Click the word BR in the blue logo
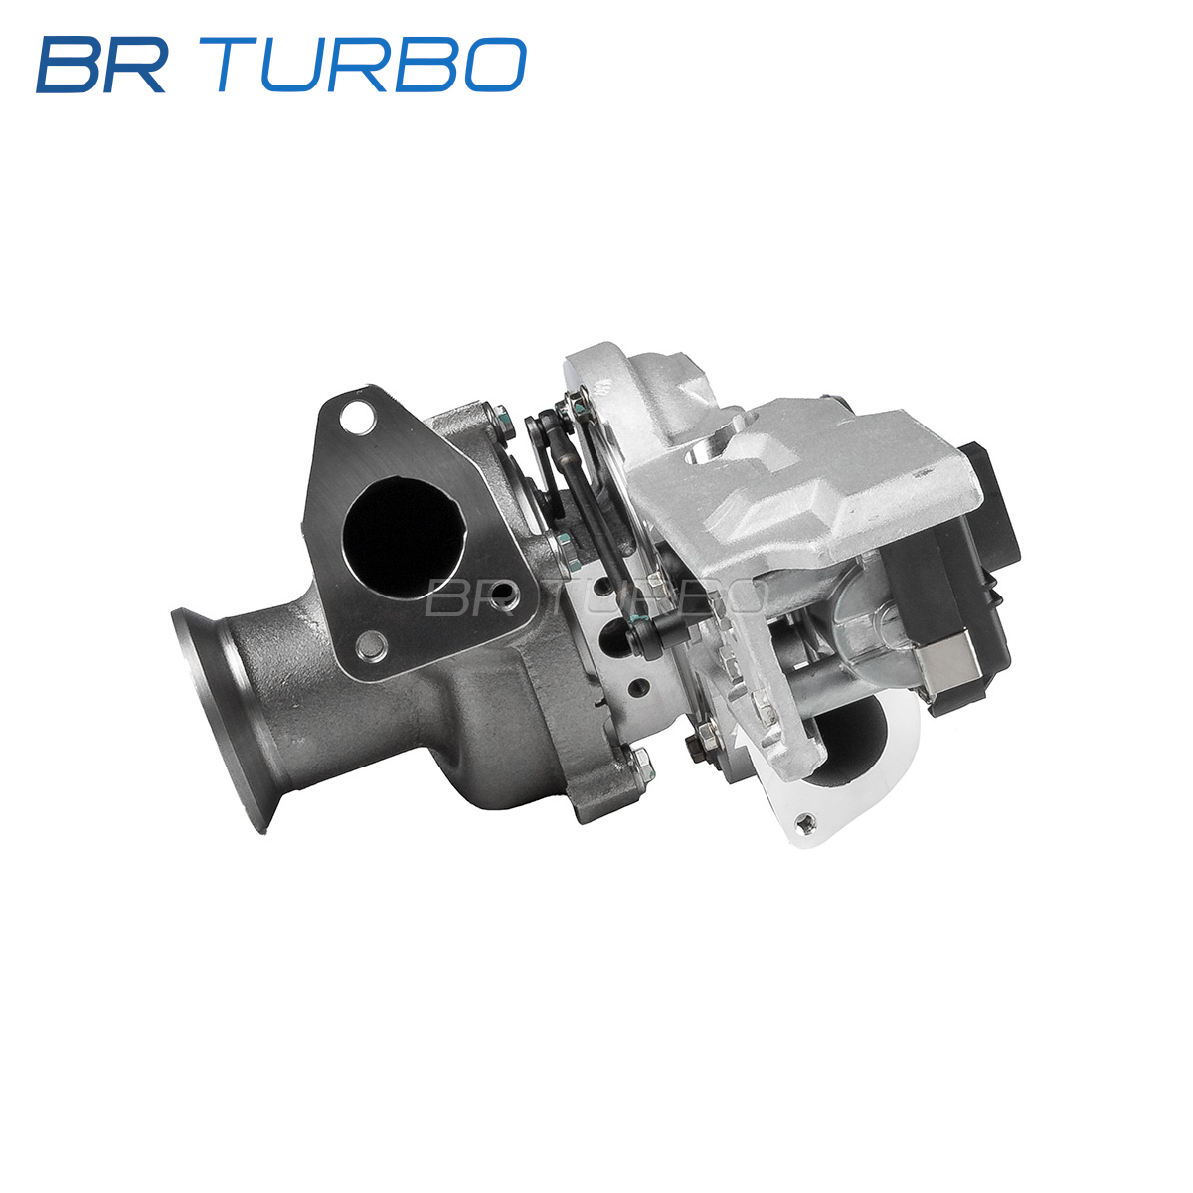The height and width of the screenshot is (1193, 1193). pos(101,65)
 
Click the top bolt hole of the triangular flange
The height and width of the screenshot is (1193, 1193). pos(357,416)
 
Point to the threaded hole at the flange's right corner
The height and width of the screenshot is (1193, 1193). pos(503,596)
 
